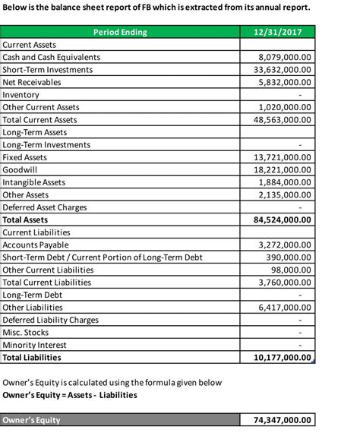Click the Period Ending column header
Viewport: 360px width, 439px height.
(x=120, y=32)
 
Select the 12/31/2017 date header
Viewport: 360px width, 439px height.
(x=277, y=32)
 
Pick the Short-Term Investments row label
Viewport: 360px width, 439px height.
(x=48, y=70)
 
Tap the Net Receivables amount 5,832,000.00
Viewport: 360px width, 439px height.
(x=285, y=82)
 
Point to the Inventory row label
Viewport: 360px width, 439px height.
(x=21, y=95)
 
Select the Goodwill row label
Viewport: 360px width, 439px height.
(x=20, y=169)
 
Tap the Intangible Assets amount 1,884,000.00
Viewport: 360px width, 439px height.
(x=285, y=182)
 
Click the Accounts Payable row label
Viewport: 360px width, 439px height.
(x=36, y=245)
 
